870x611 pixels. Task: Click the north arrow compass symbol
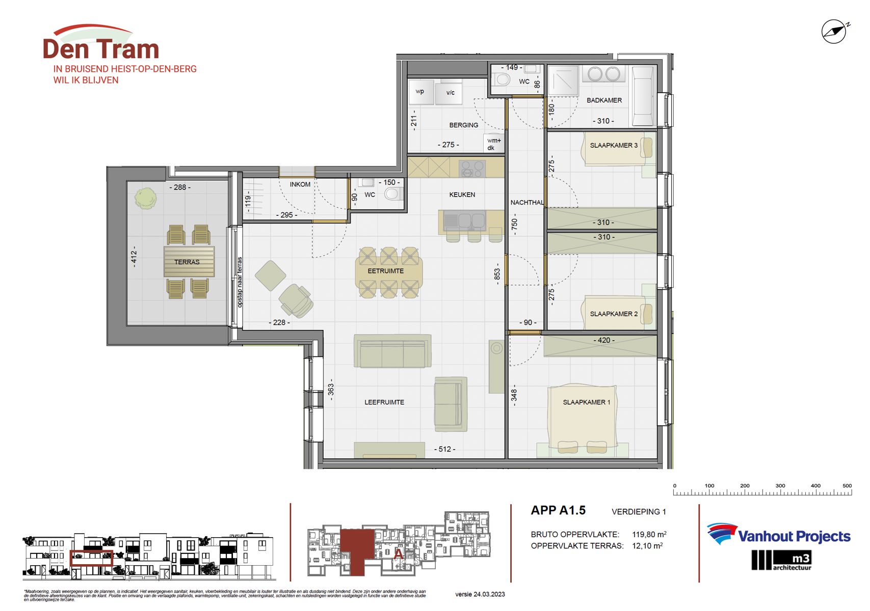tap(834, 32)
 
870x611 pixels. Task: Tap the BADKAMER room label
tap(604, 100)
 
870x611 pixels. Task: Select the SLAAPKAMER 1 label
tap(586, 402)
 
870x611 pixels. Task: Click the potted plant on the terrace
tap(146, 198)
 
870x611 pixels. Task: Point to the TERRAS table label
tap(187, 262)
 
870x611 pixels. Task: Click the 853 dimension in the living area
tap(497, 274)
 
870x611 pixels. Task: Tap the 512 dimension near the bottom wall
tap(444, 449)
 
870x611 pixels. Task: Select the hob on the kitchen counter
tap(472, 168)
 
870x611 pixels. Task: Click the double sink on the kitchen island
tap(464, 221)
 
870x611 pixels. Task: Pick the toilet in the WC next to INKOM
tap(392, 193)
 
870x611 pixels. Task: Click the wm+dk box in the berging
tap(493, 144)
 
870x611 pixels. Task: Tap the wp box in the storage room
tap(420, 92)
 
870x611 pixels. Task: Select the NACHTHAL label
tap(526, 202)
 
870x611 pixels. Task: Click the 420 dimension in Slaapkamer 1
tap(604, 340)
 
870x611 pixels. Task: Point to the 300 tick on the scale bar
tap(780, 486)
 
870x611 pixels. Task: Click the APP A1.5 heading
tap(558, 510)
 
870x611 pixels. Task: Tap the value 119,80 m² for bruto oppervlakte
tap(649, 534)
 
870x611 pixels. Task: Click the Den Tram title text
tap(101, 49)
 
